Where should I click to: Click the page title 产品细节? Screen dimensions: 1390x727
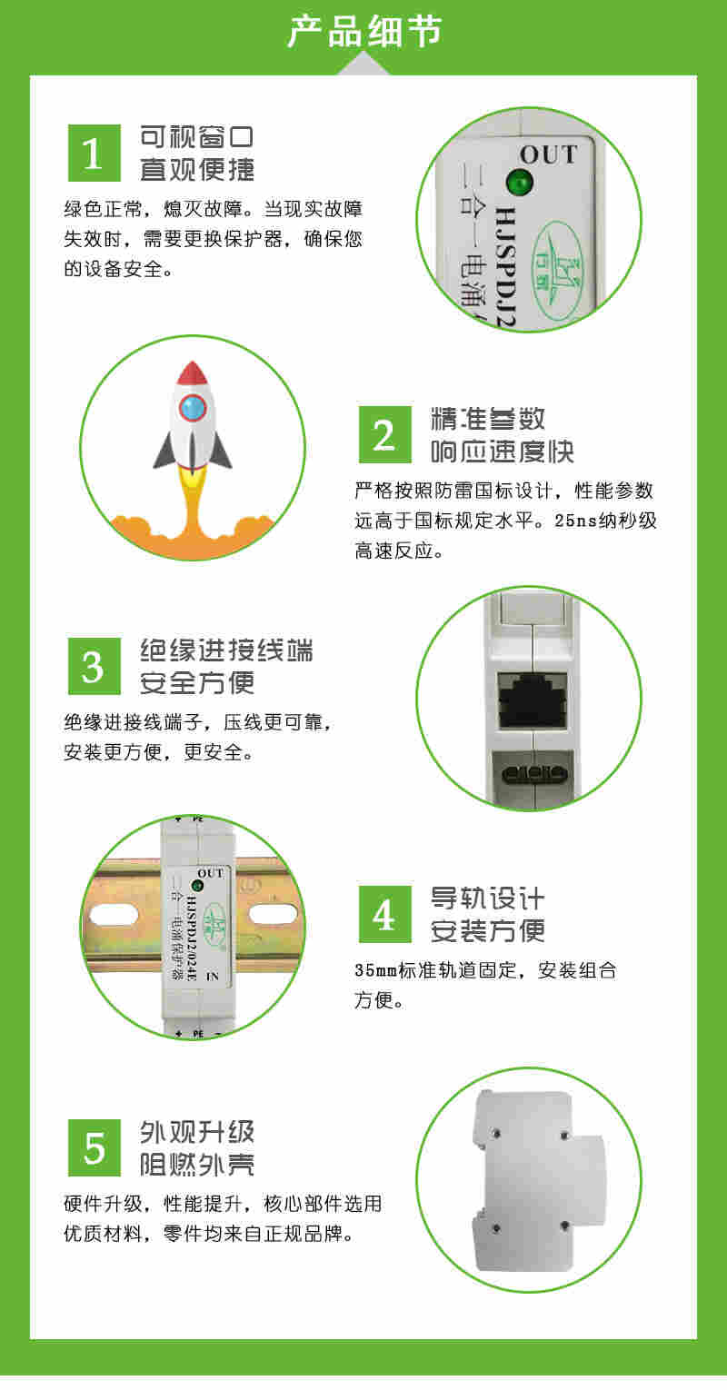point(363,32)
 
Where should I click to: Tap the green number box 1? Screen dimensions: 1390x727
point(94,154)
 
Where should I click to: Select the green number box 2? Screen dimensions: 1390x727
point(384,435)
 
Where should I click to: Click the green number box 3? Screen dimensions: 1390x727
point(94,666)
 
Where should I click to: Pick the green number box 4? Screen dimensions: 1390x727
point(384,914)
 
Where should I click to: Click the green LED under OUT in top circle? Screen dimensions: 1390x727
point(521,183)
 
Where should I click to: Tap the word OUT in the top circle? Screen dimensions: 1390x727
point(548,154)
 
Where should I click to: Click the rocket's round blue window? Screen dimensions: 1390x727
point(193,407)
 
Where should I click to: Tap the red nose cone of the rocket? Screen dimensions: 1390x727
point(193,372)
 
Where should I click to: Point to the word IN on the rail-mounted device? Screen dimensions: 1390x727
point(214,977)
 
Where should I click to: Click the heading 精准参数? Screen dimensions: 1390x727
point(488,419)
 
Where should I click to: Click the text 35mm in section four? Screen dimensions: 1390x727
point(376,970)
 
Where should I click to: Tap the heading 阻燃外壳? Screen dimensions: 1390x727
point(197,1164)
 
